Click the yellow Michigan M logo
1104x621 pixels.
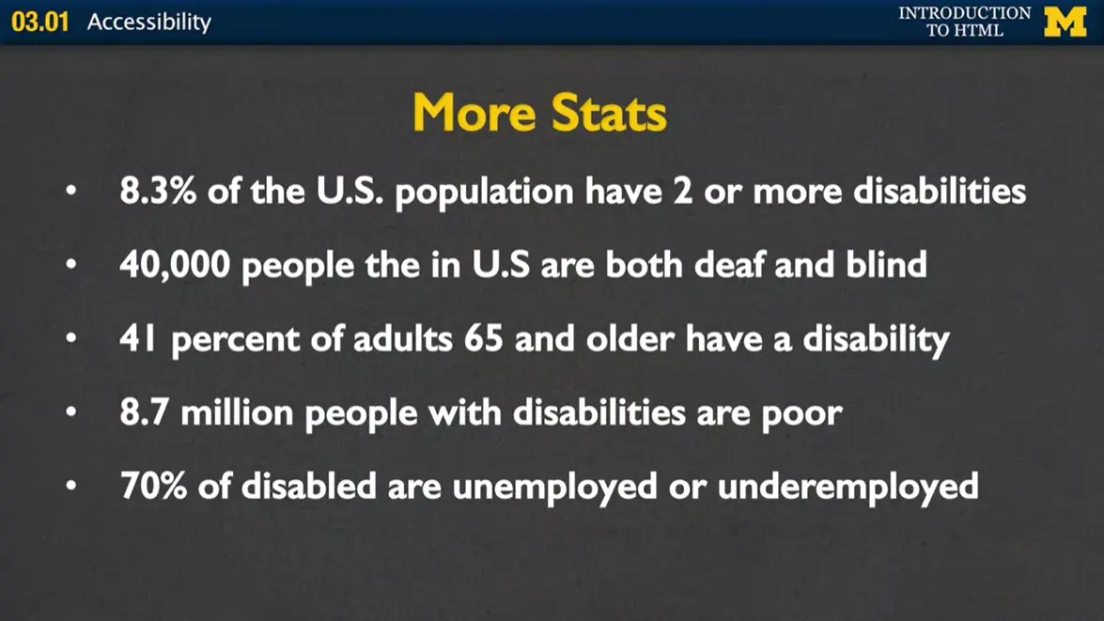coord(1065,22)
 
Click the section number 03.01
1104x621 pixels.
coord(40,22)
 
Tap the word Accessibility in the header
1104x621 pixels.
coord(149,22)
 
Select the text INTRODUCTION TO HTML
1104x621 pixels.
coord(964,22)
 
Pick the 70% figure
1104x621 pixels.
coord(153,486)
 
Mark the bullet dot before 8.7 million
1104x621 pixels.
coord(72,413)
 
